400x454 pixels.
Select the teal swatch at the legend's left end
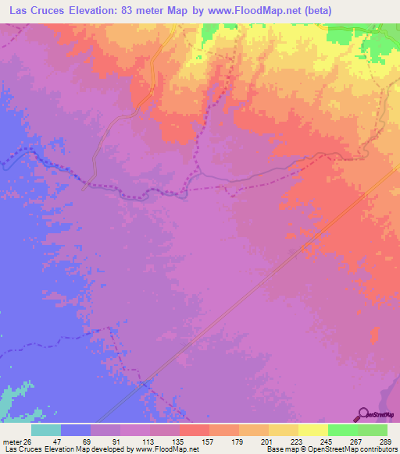click(x=46, y=430)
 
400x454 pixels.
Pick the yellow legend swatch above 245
click(x=313, y=430)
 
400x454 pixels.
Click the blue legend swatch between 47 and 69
click(x=76, y=430)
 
